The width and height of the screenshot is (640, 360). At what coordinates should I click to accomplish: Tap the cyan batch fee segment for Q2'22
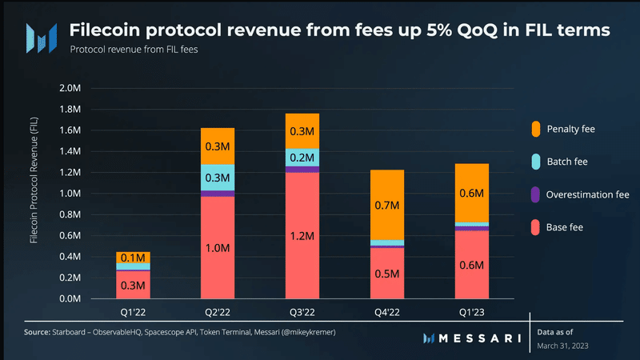[218, 177]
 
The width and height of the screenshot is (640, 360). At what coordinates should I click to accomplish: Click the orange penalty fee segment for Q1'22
[133, 257]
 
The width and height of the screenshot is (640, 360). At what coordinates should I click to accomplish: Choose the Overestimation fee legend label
[588, 194]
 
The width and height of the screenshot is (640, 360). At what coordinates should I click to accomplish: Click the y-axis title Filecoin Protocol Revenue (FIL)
[34, 193]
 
